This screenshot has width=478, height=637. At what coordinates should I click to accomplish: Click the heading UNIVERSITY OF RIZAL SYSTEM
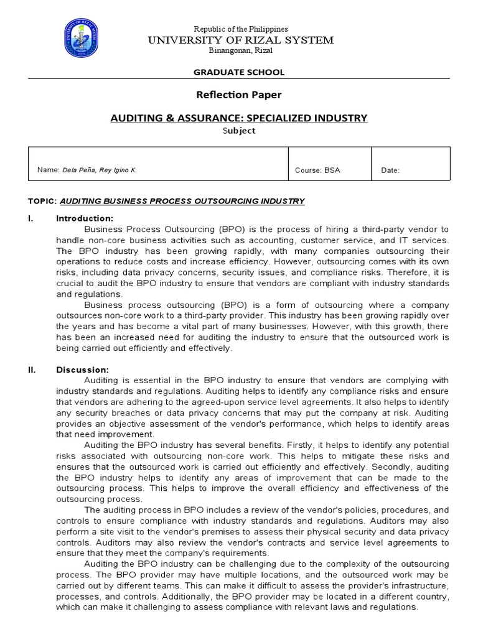point(240,40)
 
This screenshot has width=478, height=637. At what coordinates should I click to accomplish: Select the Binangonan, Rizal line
point(240,50)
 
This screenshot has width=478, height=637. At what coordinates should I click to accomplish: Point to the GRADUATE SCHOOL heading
point(240,72)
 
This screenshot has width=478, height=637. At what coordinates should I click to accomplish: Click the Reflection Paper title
point(240,95)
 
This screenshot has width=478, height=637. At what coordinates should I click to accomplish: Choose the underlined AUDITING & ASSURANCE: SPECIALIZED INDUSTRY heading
point(240,118)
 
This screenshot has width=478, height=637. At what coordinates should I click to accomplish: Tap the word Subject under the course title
point(240,131)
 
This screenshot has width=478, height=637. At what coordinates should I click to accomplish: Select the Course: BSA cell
point(317,170)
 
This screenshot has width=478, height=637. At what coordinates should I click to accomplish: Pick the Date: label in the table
point(390,170)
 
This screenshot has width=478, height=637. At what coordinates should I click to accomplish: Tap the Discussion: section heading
point(83,370)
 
